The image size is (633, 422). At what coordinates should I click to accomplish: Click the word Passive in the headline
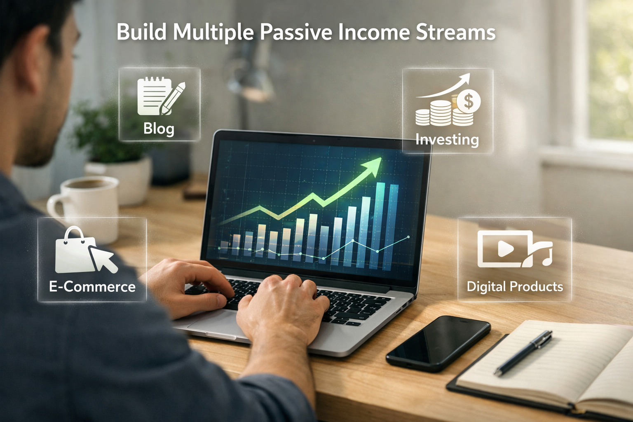click(x=296, y=33)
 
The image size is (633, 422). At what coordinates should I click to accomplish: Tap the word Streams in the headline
click(x=455, y=32)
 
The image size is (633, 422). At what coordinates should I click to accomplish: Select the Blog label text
click(x=159, y=129)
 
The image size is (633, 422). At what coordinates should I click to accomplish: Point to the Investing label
click(x=447, y=139)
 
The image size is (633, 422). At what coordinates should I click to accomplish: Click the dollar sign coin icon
click(x=468, y=101)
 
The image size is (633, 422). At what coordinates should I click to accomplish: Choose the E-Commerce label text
click(x=92, y=286)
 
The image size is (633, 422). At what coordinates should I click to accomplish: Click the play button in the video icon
click(x=505, y=249)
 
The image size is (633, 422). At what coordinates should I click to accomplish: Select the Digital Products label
click(x=515, y=286)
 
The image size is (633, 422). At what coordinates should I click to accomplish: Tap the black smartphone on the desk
click(x=438, y=343)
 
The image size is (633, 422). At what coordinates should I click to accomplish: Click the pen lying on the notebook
click(x=523, y=353)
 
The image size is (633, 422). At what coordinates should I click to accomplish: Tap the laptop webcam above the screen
click(x=314, y=141)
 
